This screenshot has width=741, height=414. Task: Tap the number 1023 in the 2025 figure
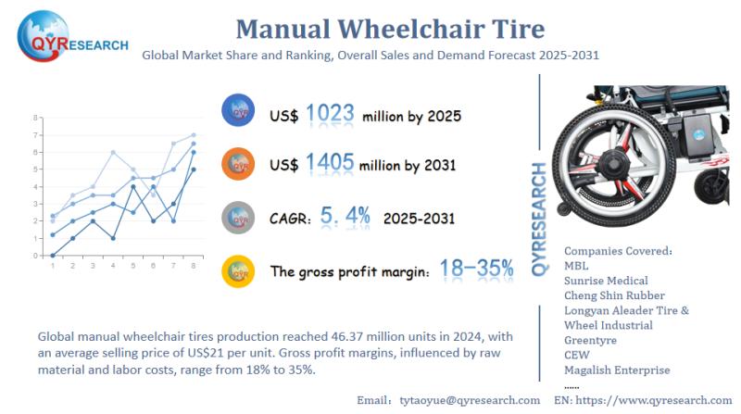point(331,115)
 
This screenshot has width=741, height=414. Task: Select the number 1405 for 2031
point(331,163)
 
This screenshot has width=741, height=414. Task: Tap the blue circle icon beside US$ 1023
point(238,112)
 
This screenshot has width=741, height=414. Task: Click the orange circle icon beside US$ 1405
point(238,165)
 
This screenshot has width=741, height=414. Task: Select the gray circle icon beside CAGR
point(238,219)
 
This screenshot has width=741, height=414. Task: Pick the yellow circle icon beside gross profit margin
point(238,271)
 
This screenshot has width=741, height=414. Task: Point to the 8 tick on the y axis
point(34,119)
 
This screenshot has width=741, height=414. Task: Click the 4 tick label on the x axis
point(113,266)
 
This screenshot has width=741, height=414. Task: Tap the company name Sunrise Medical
point(607,281)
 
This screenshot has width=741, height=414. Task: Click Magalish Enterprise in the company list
point(617,370)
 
